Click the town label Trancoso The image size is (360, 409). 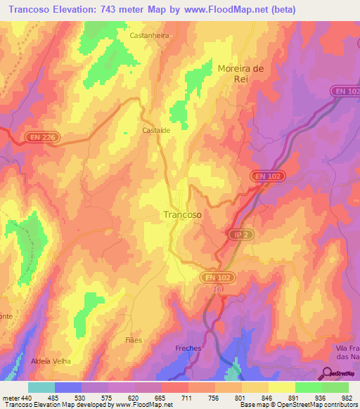pos(182,215)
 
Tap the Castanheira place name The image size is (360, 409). pos(148,34)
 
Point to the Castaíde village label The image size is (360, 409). pos(156,131)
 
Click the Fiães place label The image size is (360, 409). pos(132,340)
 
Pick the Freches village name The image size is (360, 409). pos(188,349)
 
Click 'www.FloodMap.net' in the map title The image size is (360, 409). pos(227,10)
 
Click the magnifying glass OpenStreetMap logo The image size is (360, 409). pos(327,374)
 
